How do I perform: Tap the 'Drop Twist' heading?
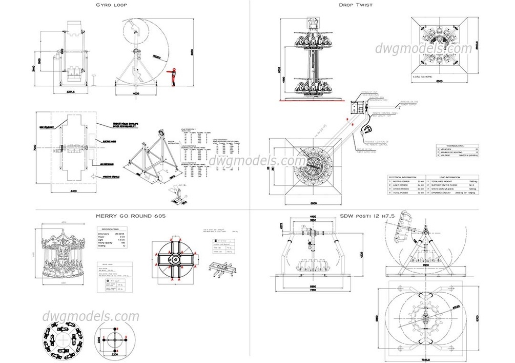355,5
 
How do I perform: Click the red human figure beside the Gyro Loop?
175,77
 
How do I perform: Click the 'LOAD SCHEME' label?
423,76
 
